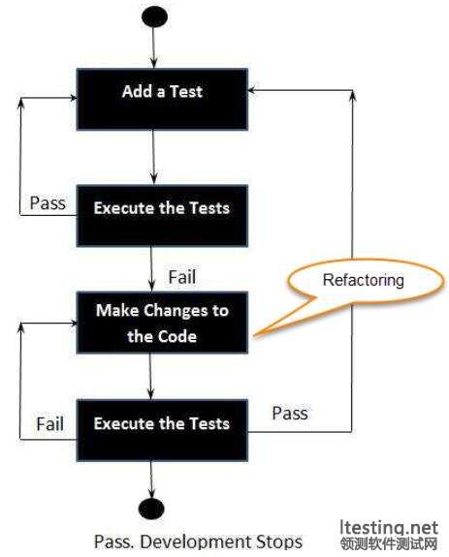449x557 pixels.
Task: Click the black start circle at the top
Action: [154, 16]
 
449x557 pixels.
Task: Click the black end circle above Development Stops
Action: [151, 509]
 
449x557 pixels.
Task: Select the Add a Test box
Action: [162, 99]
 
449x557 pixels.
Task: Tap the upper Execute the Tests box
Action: [162, 216]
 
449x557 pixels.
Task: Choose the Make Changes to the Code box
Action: [162, 323]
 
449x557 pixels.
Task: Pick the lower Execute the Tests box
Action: [162, 430]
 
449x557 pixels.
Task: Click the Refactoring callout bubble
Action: [365, 283]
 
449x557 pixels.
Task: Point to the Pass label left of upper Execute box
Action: [48, 203]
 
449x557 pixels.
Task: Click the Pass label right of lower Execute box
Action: [290, 413]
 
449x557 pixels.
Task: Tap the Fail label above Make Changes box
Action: [182, 277]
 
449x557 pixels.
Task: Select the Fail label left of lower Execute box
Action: [50, 423]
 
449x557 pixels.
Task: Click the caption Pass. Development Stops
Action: [198, 542]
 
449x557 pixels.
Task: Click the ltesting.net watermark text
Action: [389, 528]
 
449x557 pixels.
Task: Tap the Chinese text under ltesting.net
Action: [389, 543]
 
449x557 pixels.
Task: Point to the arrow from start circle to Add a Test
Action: [153, 47]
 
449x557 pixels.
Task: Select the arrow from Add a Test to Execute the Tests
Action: [153, 157]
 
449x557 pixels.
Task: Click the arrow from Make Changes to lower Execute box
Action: [150, 376]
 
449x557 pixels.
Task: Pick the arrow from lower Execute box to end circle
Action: [151, 480]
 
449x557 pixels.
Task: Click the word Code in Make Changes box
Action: [177, 336]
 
